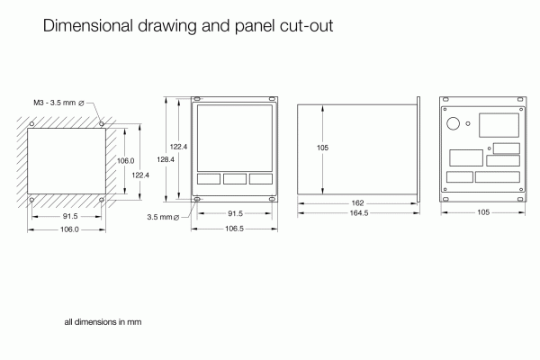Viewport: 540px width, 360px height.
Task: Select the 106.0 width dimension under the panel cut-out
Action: point(68,229)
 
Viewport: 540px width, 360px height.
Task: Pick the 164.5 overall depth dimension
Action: point(358,213)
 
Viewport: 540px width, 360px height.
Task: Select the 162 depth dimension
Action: point(357,203)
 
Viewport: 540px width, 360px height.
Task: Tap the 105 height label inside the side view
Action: point(322,147)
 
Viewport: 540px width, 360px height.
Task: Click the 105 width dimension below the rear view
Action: point(482,212)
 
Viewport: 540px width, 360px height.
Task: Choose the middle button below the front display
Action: point(234,178)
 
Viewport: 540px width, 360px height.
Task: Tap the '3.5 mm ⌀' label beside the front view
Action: point(163,217)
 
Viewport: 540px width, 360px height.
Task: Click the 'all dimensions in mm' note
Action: point(103,321)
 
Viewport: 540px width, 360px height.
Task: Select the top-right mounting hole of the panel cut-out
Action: point(102,122)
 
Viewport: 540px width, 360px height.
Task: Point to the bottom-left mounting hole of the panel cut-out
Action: point(33,198)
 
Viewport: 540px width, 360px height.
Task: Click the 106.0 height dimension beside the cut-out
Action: point(126,159)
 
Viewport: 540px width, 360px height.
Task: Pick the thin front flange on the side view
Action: point(418,147)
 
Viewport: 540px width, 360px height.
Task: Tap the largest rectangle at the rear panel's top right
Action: point(499,124)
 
